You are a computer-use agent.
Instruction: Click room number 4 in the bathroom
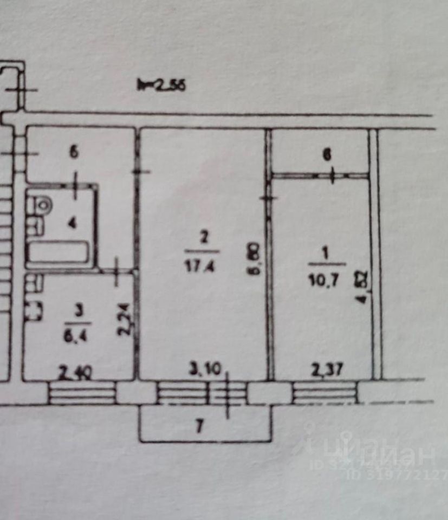coord(70,223)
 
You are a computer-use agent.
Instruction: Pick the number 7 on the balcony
coord(199,427)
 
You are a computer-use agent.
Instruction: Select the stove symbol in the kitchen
coord(33,311)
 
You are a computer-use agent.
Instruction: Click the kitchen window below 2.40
coord(82,393)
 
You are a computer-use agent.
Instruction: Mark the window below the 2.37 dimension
coord(324,393)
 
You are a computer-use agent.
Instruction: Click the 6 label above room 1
coord(326,154)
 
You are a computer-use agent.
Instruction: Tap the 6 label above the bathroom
coord(74,152)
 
